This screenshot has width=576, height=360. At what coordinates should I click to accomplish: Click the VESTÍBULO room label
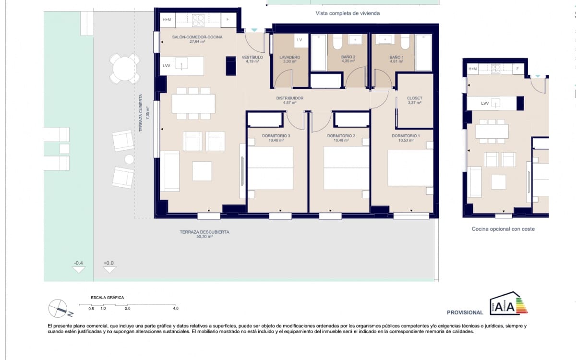252,59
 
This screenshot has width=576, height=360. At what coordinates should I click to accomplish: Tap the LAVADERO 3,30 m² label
289,59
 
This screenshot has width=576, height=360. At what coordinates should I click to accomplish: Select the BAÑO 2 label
348,59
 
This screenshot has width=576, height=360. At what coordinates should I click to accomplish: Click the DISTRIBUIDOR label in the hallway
290,100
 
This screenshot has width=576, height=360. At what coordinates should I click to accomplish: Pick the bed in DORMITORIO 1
410,168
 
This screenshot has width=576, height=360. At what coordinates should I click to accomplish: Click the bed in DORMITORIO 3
270,168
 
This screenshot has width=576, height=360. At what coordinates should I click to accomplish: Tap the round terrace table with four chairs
124,69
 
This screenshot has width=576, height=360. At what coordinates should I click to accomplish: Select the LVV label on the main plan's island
167,65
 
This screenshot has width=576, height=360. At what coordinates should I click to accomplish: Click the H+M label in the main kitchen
167,20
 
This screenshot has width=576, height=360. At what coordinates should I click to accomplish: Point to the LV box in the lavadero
300,40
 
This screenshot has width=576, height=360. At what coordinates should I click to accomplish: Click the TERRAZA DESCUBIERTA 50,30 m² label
204,234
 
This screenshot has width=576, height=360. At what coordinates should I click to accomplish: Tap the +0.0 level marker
109,266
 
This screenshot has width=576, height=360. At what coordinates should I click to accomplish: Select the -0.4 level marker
78,266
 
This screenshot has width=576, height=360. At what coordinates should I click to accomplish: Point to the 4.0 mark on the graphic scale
176,309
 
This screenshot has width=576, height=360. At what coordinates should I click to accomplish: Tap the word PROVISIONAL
465,312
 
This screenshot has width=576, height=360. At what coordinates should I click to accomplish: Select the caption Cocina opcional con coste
503,229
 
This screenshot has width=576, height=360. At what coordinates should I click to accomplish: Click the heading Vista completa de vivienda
348,13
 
